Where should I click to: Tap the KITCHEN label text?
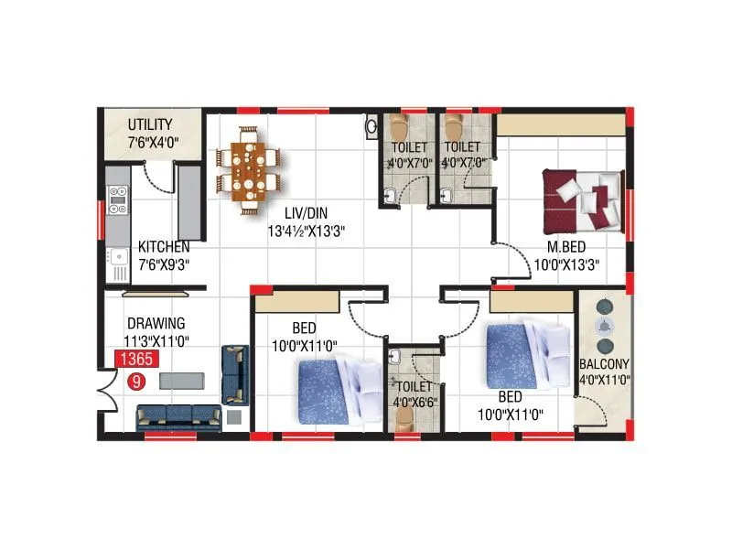164,247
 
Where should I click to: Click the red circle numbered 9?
136,380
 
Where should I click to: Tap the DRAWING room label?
156,323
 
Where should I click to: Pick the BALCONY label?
604,364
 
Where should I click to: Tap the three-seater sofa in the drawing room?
179,417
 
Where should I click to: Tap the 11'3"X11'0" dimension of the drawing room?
156,339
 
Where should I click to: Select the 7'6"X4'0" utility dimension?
150,141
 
